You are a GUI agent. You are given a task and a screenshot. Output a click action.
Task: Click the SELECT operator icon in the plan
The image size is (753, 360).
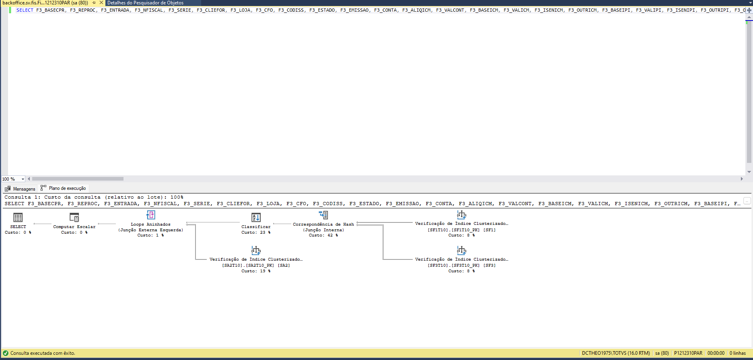tap(18, 218)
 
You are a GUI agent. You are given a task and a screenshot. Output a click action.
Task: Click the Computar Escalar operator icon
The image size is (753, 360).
tap(74, 218)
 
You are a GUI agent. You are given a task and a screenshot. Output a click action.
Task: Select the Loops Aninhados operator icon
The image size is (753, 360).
tap(151, 215)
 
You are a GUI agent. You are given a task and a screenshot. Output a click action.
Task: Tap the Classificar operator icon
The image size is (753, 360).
tap(256, 218)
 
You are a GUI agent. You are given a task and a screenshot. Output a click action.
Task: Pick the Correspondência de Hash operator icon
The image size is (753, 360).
tap(323, 215)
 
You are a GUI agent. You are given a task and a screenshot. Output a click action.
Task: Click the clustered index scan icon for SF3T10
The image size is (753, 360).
tap(461, 250)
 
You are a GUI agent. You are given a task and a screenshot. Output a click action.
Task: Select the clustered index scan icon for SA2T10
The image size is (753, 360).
tap(256, 251)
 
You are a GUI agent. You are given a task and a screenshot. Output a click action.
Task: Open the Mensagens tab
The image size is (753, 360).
tap(20, 189)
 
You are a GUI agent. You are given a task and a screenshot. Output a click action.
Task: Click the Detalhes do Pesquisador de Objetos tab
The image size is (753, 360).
tap(145, 3)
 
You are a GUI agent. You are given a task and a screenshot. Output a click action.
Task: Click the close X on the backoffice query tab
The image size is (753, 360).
tap(101, 3)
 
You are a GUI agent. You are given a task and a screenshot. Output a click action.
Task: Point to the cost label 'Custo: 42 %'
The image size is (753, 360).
tap(323, 235)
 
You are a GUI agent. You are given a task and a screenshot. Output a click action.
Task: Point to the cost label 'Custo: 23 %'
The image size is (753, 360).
tap(256, 232)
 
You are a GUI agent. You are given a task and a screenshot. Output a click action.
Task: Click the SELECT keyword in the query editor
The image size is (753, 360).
tap(25, 10)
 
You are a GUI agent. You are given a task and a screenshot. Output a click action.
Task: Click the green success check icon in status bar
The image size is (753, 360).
tap(6, 353)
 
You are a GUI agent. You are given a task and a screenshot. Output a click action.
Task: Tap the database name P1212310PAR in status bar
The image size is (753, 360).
tap(688, 353)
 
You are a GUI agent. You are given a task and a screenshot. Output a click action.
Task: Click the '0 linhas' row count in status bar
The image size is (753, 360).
tap(737, 353)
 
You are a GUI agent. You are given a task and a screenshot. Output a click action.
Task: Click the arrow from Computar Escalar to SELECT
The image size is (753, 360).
tap(42, 224)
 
